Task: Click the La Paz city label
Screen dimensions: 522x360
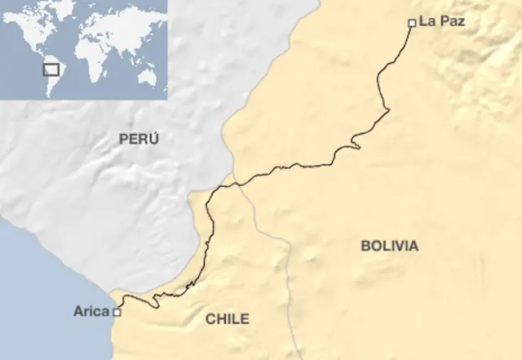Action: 441,22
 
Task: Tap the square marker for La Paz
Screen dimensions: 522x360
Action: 411,23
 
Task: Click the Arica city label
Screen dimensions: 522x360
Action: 91,311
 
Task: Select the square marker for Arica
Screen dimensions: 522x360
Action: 117,312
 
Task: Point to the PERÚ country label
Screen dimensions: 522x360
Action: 139,139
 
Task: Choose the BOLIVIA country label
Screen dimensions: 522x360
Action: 389,246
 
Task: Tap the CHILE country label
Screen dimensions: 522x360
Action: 227,319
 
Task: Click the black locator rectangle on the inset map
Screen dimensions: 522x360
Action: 51,69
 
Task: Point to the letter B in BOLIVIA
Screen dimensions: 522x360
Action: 365,246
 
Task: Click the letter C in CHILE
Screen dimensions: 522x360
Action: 209,319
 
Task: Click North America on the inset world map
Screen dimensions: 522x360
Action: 29,33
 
